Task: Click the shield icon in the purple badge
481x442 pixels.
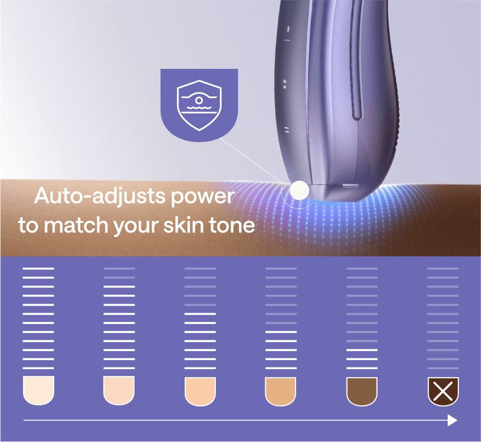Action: point(199,106)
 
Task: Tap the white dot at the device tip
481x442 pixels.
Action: point(299,190)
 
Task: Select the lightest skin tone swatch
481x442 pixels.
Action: point(38,391)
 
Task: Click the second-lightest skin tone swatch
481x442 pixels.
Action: point(119,391)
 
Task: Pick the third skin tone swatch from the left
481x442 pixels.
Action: point(200,391)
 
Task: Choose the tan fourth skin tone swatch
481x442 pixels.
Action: point(281,391)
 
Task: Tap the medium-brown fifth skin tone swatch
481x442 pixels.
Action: point(362,391)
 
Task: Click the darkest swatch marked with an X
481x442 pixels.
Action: point(443,391)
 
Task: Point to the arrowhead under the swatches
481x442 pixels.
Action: point(453,420)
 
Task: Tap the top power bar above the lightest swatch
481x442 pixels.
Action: point(38,269)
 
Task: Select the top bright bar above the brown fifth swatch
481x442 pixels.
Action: point(362,350)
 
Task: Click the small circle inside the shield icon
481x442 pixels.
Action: point(199,100)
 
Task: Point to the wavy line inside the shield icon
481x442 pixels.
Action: point(199,107)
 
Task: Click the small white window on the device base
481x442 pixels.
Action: point(351,185)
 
